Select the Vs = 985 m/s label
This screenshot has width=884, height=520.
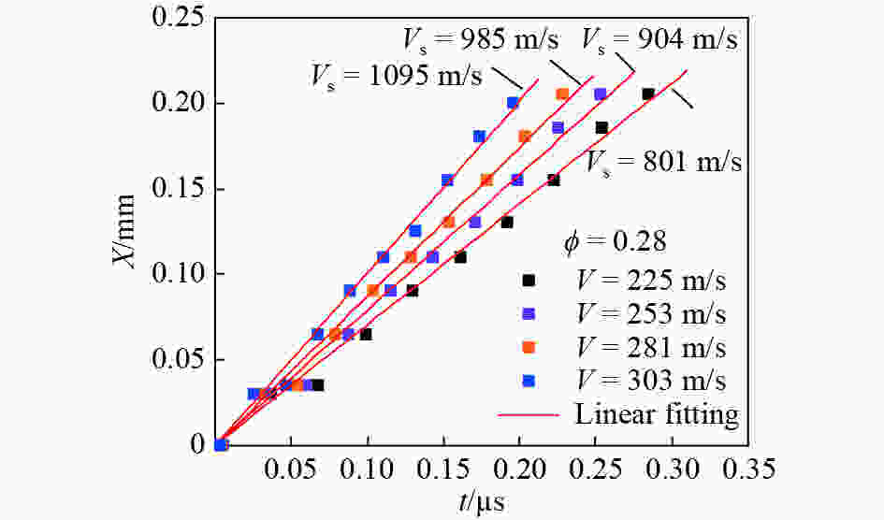[481, 39]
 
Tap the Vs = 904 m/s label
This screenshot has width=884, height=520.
[660, 39]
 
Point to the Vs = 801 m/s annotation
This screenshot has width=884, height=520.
[664, 161]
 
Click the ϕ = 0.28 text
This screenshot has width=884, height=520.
[615, 242]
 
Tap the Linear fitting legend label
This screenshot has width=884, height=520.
[657, 413]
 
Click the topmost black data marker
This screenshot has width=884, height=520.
[647, 94]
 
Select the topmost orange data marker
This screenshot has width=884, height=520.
[562, 94]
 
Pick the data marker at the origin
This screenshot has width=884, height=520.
[221, 444]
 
